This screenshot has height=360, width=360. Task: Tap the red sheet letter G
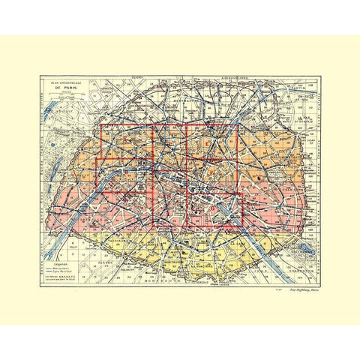(x=214, y=208)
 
